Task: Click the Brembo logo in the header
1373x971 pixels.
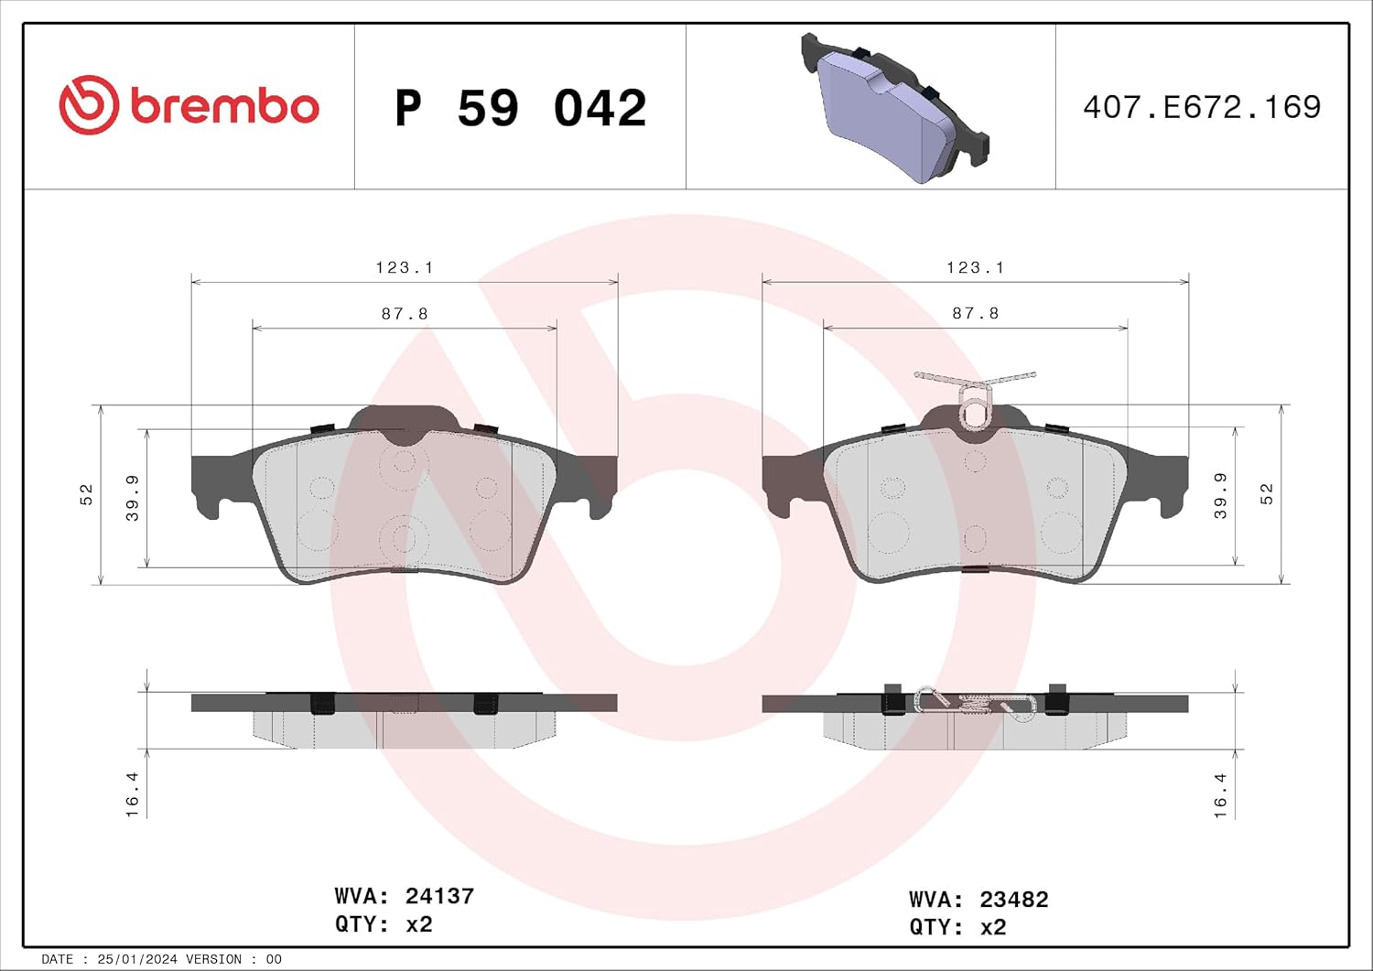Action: click(189, 106)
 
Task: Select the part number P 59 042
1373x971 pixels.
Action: click(520, 108)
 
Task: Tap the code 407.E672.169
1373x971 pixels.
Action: click(1201, 107)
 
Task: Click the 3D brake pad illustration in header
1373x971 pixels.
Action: click(893, 108)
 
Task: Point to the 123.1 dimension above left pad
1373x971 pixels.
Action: click(404, 267)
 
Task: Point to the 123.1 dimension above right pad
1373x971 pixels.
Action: click(975, 267)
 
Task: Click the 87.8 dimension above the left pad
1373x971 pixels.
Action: click(404, 314)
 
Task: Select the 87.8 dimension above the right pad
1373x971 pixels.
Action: click(975, 313)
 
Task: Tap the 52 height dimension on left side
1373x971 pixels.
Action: click(86, 494)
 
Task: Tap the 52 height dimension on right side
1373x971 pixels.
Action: click(1267, 494)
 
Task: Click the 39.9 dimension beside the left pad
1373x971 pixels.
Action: click(133, 498)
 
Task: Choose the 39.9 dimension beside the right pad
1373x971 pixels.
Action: click(1220, 496)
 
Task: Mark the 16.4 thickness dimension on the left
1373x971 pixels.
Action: click(133, 793)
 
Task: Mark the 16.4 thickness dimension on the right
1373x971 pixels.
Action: click(1220, 793)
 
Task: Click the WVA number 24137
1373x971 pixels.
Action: click(439, 896)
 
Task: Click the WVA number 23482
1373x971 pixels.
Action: click(1013, 900)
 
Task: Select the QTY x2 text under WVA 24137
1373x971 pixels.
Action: click(384, 924)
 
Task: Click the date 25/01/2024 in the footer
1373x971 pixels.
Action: click(136, 959)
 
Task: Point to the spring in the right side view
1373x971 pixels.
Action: click(975, 703)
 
